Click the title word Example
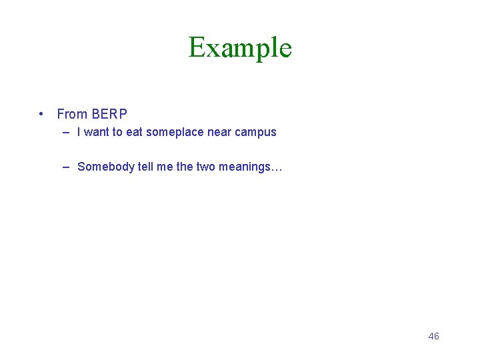click(240, 48)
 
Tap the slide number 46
click(433, 336)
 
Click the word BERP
click(109, 114)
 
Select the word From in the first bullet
click(72, 114)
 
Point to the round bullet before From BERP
click(42, 114)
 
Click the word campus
click(255, 132)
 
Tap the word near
click(219, 132)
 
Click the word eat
click(134, 132)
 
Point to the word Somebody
click(106, 167)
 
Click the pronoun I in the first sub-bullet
click(79, 132)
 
